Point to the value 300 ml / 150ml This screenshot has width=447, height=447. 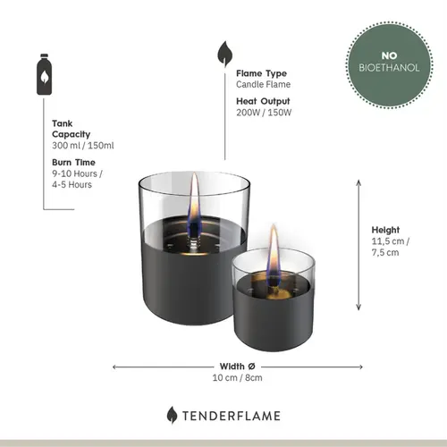82,145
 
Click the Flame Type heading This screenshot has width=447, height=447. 261,74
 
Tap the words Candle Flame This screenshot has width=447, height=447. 264,85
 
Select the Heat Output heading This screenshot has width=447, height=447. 264,101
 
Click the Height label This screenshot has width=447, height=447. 387,229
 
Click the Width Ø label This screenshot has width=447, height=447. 237,366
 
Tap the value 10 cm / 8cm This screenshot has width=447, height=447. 237,378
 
